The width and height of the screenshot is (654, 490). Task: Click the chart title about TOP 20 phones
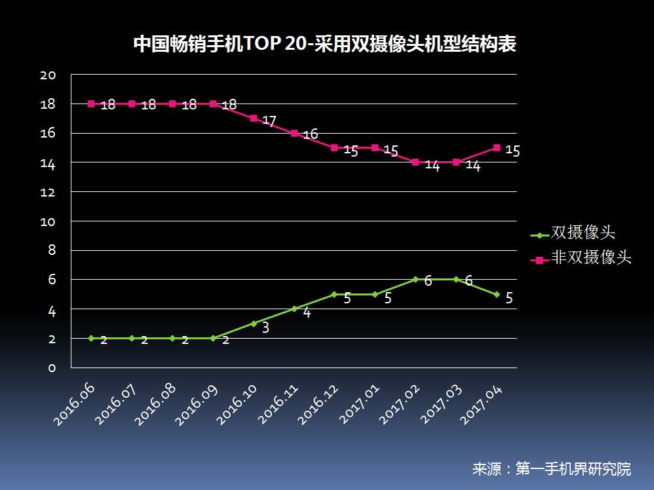tap(325, 45)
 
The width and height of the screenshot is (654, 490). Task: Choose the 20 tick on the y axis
tap(48, 75)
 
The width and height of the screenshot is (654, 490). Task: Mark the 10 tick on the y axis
tap(48, 221)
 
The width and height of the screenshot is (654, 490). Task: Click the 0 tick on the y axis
tap(52, 367)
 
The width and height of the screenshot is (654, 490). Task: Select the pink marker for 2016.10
tap(254, 118)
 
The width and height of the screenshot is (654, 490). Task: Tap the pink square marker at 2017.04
tap(497, 147)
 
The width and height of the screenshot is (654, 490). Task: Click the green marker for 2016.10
tap(254, 324)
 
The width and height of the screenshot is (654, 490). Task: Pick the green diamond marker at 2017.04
tap(497, 294)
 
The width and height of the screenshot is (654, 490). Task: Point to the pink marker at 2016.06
tap(91, 104)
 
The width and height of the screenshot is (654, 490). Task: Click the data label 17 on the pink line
tap(269, 121)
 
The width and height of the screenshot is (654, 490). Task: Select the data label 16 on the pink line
tap(310, 135)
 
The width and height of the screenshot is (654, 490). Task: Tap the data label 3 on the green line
tap(265, 328)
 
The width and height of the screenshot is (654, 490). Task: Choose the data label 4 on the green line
tap(306, 313)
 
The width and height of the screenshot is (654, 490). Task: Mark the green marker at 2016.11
tap(294, 309)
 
